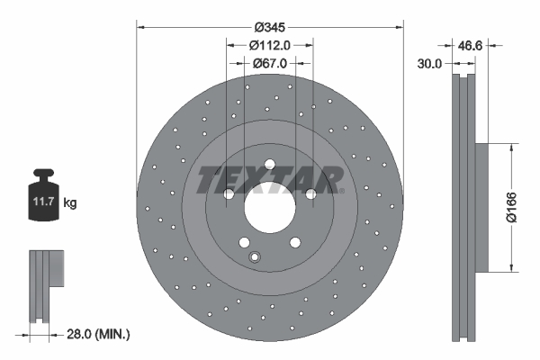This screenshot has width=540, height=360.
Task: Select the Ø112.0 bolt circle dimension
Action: pos(270,45)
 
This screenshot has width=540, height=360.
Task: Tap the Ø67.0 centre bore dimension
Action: pos(270,63)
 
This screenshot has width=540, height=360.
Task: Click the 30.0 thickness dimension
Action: pos(430,64)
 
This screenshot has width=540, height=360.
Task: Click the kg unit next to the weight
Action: pos(70,203)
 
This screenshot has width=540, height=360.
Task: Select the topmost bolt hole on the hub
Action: pos(269,163)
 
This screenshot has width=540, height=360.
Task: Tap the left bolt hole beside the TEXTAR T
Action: pos(229,193)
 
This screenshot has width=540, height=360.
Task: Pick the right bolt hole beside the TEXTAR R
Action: pos(310,193)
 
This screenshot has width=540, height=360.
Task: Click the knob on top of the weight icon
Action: pos(42,174)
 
